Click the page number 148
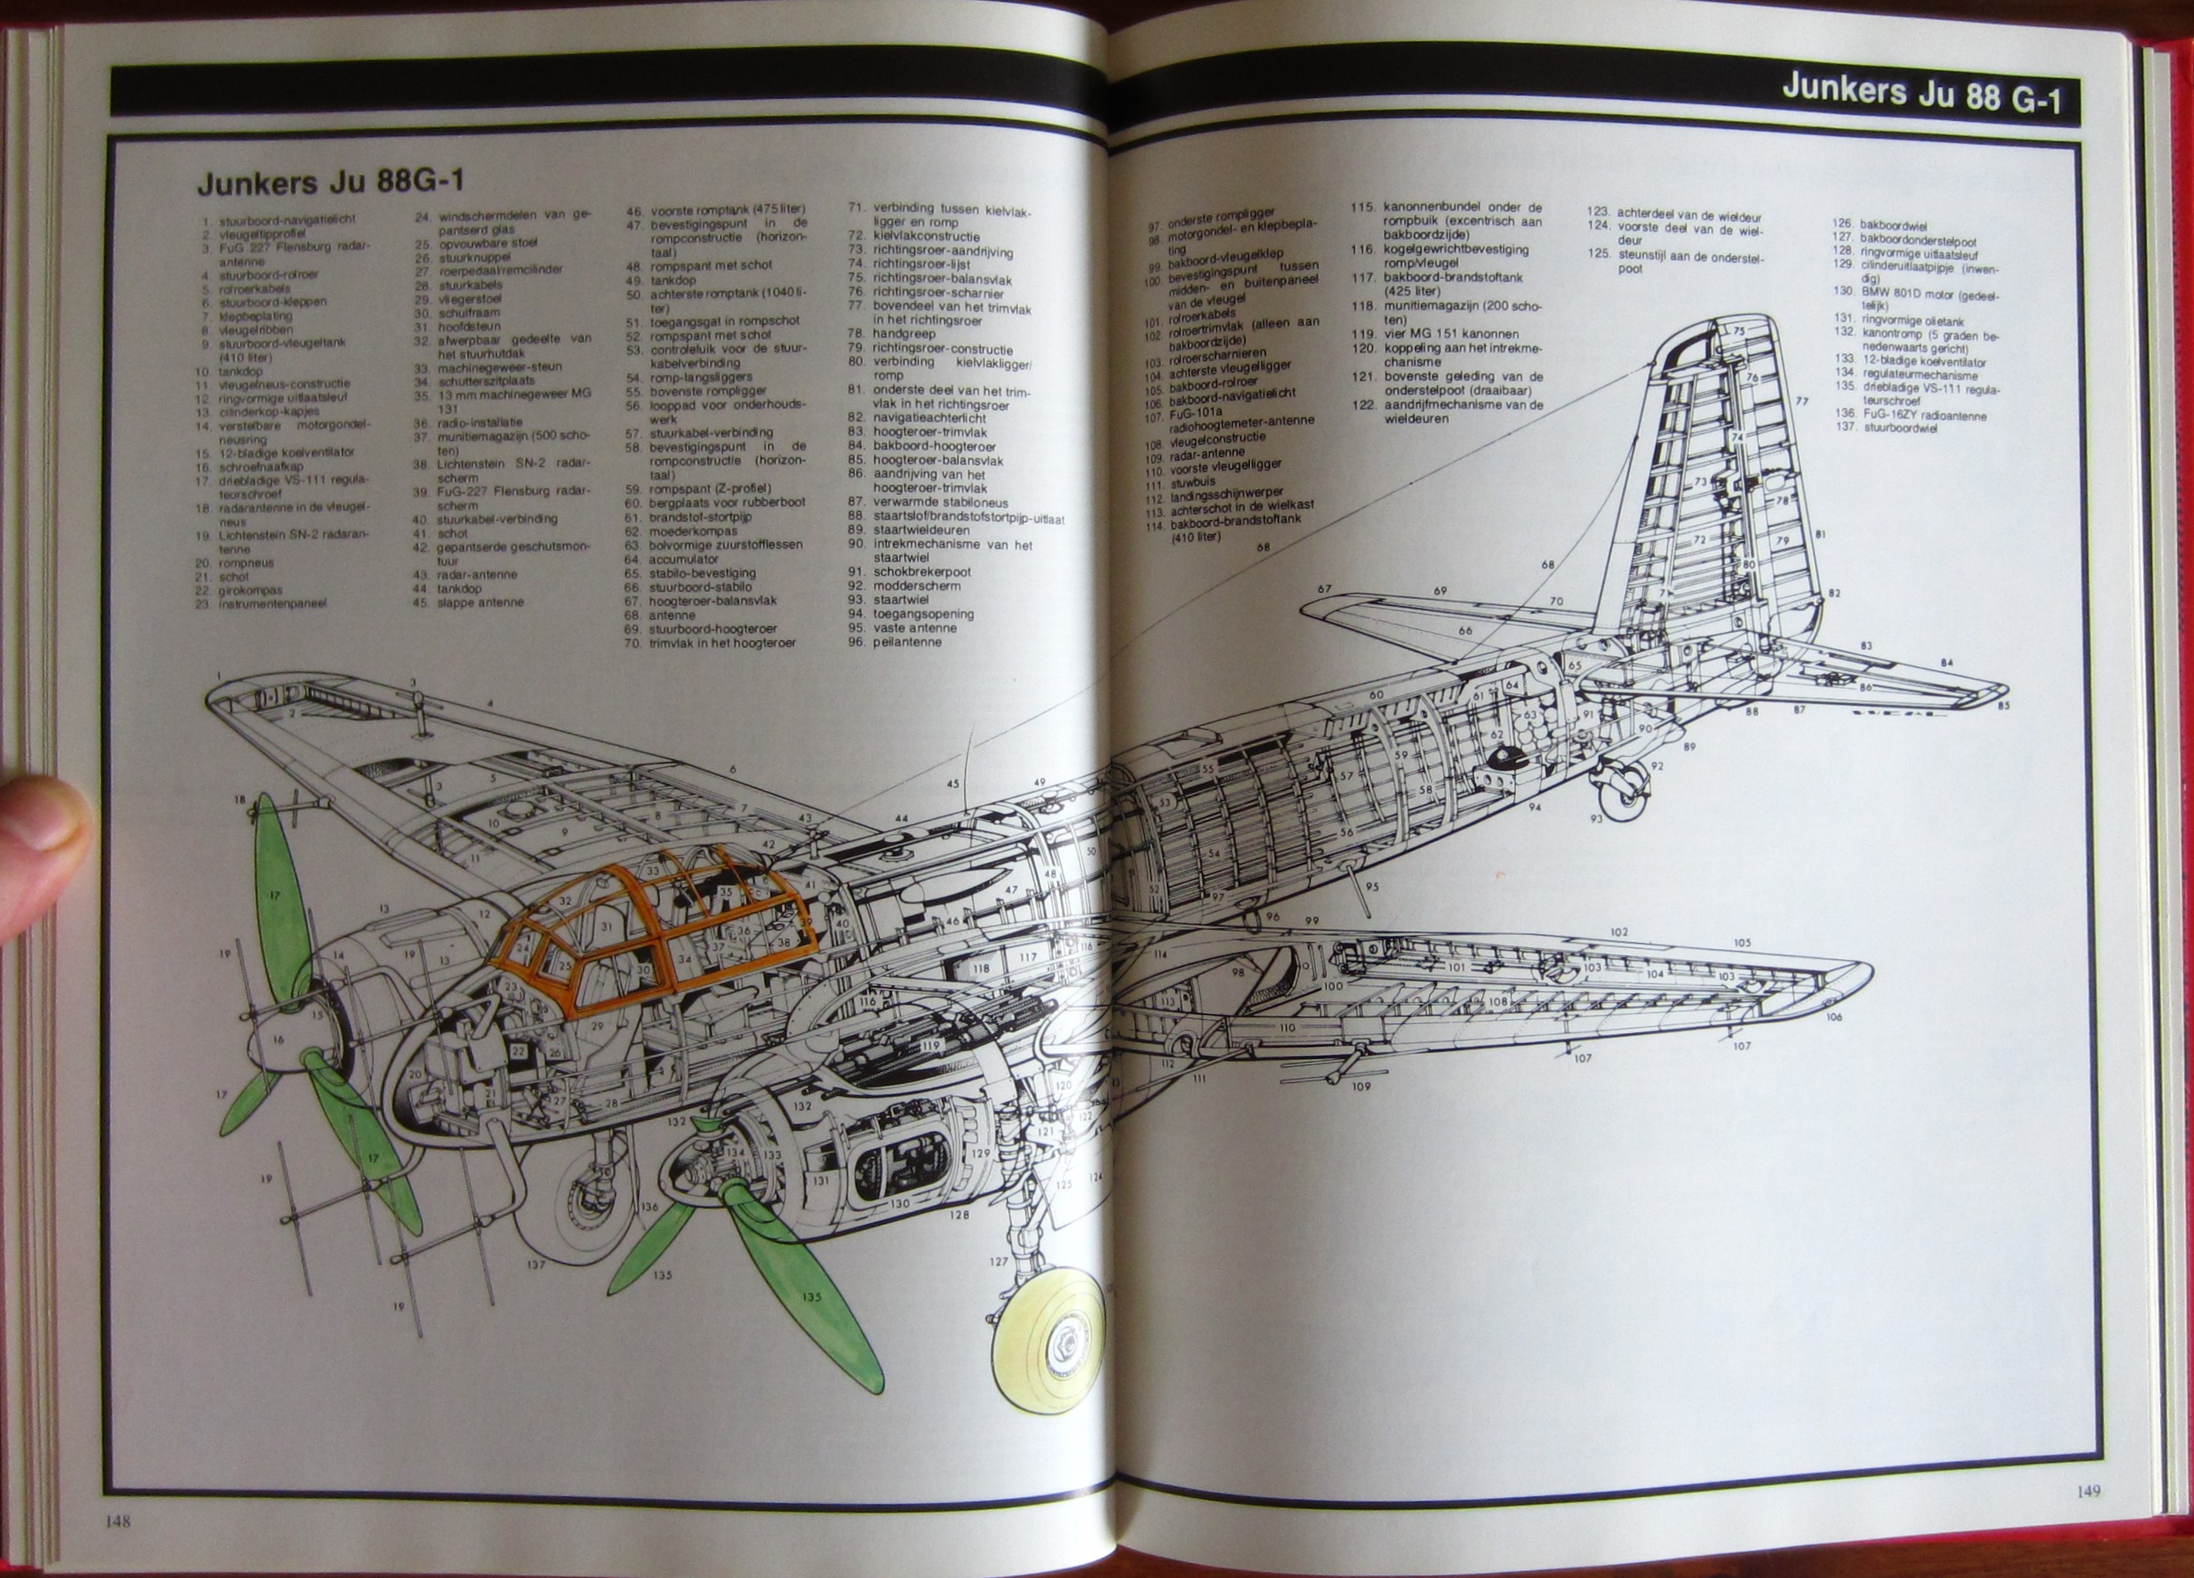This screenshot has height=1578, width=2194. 118,1521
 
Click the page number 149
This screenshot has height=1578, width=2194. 2088,1491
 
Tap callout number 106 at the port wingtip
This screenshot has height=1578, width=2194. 1833,1017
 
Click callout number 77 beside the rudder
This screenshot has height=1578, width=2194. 1800,401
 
